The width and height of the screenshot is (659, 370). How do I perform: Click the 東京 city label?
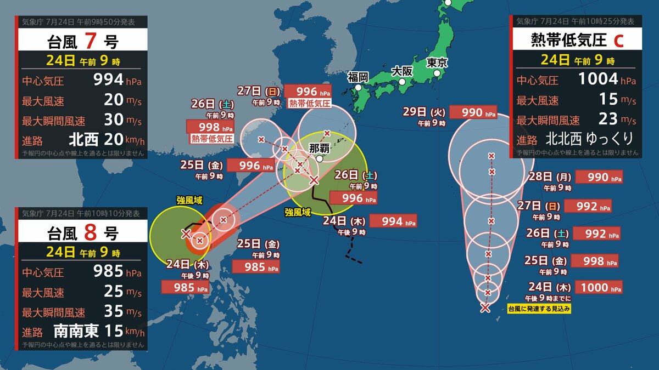(x=437, y=62)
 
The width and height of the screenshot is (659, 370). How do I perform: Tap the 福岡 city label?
(x=357, y=77)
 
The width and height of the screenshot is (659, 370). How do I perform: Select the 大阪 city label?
(x=401, y=71)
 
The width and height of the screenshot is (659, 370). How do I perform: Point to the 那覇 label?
(x=319, y=147)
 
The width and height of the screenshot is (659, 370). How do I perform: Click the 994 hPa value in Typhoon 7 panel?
(x=109, y=80)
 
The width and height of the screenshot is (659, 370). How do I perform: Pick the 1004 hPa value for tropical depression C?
(x=598, y=79)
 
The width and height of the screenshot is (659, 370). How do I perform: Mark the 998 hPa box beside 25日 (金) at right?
(x=595, y=260)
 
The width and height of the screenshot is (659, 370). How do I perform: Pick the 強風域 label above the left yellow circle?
(x=189, y=201)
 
